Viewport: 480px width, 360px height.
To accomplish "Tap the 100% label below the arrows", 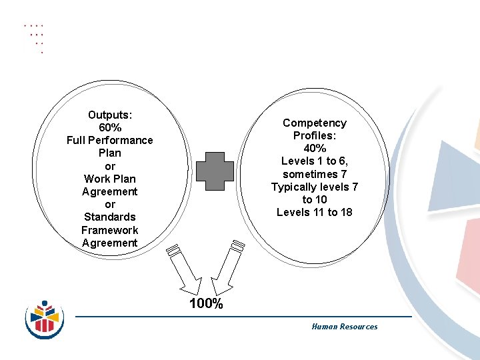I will [x=206, y=304].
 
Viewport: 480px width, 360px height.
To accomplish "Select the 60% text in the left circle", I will [x=110, y=127].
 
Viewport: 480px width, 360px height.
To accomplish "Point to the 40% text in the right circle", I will [x=315, y=149].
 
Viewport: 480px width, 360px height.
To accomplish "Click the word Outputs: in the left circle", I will [x=110, y=115].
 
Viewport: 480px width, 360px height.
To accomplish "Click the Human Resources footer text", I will [x=344, y=327].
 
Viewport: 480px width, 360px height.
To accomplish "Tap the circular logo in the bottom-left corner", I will [x=45, y=317].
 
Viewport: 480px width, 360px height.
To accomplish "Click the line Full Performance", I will [x=110, y=140].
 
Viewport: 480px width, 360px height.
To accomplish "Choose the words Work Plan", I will [x=110, y=179].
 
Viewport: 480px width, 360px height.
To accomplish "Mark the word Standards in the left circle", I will [x=110, y=217].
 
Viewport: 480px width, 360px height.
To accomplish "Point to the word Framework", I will [x=110, y=230].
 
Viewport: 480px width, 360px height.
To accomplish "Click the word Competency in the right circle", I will [x=315, y=123].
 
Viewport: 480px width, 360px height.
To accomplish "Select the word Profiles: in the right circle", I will [x=315, y=135].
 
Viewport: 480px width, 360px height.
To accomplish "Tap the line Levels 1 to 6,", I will [x=315, y=161].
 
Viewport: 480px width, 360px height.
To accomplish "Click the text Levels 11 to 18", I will [x=315, y=213].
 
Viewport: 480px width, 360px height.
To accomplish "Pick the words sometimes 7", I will [x=315, y=174].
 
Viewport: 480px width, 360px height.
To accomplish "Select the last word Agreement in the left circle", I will [x=110, y=243].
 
